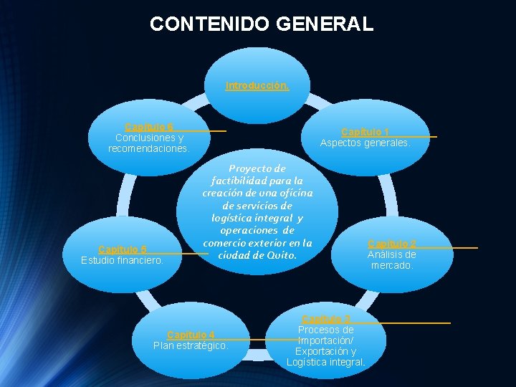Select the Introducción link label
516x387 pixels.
[x=257, y=85]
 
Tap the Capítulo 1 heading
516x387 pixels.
[x=365, y=132]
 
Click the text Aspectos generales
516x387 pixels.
[x=365, y=143]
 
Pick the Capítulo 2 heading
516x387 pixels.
[x=392, y=244]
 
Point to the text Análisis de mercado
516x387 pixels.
[x=392, y=259]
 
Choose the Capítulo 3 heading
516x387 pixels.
[x=326, y=319]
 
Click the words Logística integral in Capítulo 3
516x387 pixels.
[x=326, y=363]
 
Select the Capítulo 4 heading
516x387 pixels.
[x=191, y=335]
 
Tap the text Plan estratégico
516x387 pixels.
[x=191, y=345]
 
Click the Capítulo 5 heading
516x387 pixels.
[x=123, y=249]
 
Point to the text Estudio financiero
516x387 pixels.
[x=123, y=260]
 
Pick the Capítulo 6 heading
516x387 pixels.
[x=149, y=127]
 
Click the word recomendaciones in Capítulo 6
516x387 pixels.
[x=148, y=148]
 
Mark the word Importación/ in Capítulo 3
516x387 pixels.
[x=326, y=341]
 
